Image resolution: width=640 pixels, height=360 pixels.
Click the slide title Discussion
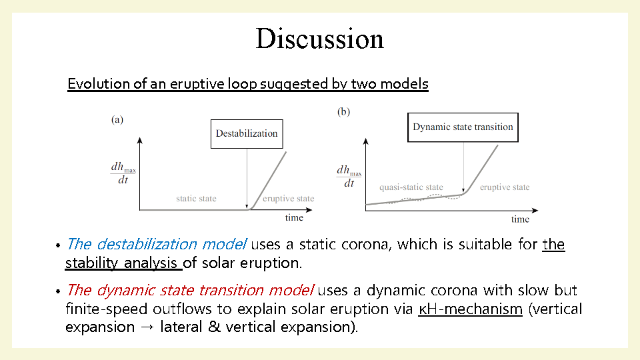click(319, 39)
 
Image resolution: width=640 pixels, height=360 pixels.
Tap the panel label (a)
click(117, 119)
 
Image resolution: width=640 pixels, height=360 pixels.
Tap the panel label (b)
click(343, 112)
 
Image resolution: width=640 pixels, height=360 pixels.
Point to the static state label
click(196, 199)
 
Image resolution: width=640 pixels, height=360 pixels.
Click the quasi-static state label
click(411, 187)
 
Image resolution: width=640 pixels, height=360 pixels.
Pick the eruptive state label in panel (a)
click(288, 199)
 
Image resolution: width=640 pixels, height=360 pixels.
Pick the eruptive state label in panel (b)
click(505, 187)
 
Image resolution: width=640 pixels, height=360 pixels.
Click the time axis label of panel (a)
click(294, 217)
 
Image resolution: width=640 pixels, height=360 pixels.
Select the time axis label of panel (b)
click(520, 219)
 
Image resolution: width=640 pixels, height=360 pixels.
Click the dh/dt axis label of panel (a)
click(123, 173)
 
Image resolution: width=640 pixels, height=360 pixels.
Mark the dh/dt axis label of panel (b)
click(349, 176)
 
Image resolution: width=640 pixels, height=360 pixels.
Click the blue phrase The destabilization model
click(156, 244)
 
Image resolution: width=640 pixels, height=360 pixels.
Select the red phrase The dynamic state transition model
click(190, 290)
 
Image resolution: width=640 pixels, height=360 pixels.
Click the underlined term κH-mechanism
click(470, 309)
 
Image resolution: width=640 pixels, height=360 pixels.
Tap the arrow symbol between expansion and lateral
click(147, 327)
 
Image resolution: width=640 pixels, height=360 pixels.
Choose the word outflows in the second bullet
click(182, 309)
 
